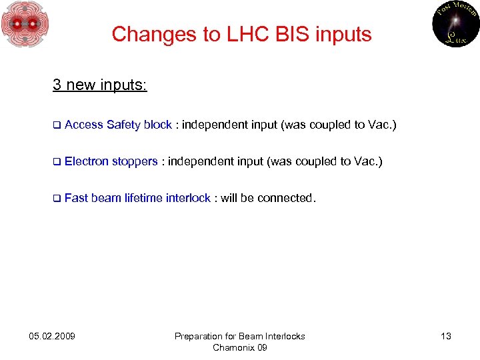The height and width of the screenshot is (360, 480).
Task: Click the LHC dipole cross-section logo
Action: pos(25,25)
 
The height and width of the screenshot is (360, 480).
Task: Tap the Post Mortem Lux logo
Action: pos(455,25)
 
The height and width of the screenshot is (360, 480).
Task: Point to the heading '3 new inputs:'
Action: pos(100,85)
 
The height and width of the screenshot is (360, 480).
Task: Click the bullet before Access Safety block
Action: pos(57,125)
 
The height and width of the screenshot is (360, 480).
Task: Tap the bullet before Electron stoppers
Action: pos(57,161)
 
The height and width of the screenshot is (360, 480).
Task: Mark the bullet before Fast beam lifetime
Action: pos(57,199)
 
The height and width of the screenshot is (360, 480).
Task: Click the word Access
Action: pos(84,125)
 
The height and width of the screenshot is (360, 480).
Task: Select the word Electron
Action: pos(87,161)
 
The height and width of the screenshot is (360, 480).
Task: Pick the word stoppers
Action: pos(135,161)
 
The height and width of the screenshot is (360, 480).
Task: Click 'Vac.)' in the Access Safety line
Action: pos(382,125)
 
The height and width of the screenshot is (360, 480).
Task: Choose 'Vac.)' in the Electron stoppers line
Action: pos(368,161)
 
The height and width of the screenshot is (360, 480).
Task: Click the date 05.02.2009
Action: pos(53,336)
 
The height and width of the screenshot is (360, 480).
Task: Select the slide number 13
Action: pos(445,336)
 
